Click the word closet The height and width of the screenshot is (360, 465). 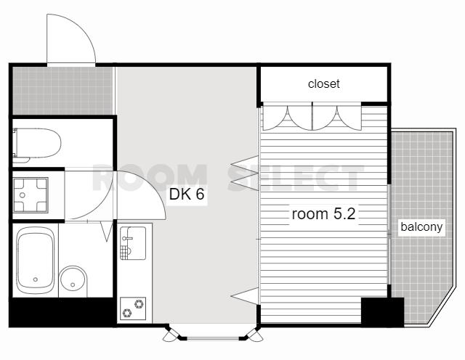coord(323,84)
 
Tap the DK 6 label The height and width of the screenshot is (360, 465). coord(187,194)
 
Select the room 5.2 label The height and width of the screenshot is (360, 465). coord(323,213)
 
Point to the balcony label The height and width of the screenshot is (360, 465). coord(421,227)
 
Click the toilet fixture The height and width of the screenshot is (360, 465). coord(36,144)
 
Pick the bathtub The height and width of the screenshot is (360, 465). coord(36,260)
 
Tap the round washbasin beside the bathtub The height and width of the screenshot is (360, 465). coord(73,281)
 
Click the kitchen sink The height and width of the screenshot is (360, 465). coord(133,243)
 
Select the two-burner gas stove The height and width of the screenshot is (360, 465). coord(133,308)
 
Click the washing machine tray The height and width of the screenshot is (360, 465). coord(31,195)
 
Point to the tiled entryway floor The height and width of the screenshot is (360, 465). coord(62,91)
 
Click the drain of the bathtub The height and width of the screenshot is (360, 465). coord(36,279)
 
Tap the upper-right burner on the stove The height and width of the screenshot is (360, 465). coord(139,303)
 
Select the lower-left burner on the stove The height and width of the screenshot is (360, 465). coord(127,313)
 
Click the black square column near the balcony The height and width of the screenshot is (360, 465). coord(383,312)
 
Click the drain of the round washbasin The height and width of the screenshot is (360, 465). coord(73,285)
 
